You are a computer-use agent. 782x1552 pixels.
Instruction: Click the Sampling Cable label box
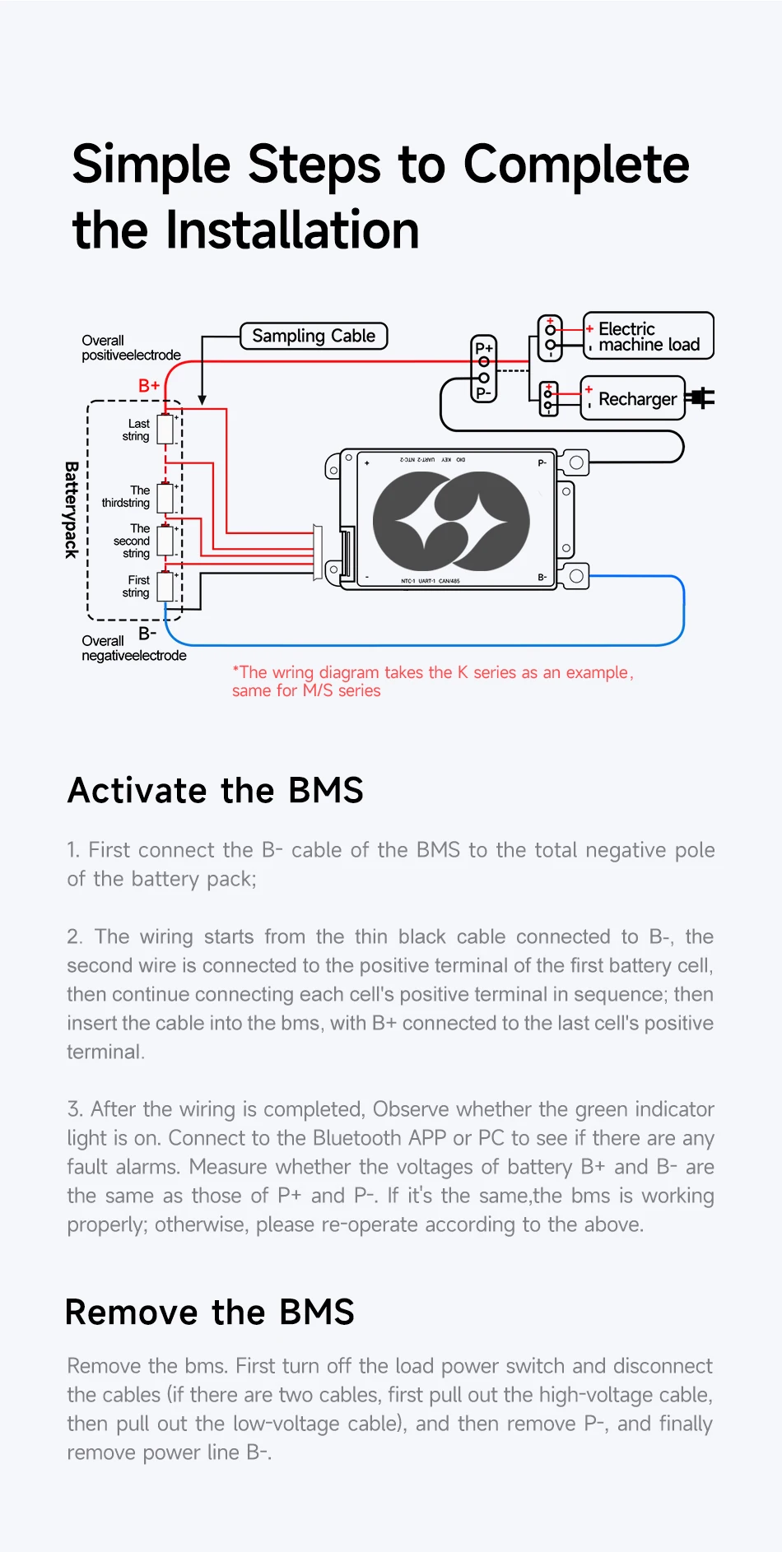[313, 336]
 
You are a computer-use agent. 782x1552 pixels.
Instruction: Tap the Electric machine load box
[648, 336]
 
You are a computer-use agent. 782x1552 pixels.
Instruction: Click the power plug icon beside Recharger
[702, 398]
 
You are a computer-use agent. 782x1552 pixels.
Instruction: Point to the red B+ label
[149, 385]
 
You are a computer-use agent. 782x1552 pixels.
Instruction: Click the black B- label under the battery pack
[147, 633]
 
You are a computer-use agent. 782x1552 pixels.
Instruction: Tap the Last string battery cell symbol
[165, 430]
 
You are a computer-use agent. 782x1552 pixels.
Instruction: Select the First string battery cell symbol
[165, 586]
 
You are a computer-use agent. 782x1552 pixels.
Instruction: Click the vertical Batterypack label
[72, 510]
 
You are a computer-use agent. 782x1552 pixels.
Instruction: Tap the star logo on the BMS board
[451, 522]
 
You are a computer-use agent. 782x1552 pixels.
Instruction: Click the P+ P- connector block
[484, 369]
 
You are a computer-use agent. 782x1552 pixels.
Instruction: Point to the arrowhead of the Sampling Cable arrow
[202, 400]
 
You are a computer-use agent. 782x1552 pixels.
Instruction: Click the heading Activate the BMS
[216, 790]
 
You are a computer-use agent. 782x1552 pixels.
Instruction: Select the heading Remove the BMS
[210, 1312]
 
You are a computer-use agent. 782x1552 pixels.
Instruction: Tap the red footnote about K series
[431, 681]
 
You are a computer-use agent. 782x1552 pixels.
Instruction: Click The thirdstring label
[128, 496]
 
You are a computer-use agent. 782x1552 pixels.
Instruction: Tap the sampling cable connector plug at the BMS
[318, 553]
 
